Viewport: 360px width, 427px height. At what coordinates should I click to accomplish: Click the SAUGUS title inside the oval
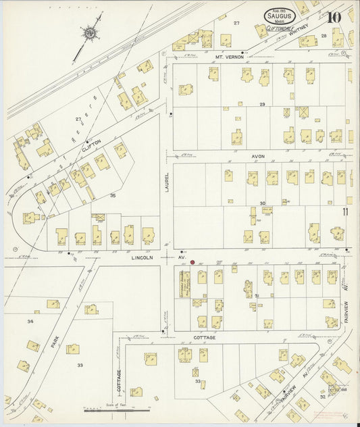click(278, 14)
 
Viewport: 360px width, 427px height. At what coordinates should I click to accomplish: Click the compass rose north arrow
click(88, 32)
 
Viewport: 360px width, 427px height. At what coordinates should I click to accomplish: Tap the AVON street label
click(258, 156)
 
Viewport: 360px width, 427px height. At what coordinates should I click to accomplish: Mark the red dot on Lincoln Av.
click(192, 262)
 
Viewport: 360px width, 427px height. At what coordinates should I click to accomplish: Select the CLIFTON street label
click(92, 143)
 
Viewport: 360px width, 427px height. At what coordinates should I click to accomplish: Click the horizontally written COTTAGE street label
click(204, 337)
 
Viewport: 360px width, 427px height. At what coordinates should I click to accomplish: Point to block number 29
click(262, 104)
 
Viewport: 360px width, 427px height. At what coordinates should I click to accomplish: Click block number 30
click(262, 203)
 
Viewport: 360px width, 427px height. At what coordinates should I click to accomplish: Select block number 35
click(113, 195)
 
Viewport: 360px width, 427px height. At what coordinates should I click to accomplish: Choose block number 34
click(30, 321)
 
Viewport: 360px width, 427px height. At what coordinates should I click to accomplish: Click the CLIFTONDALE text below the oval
click(277, 29)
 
